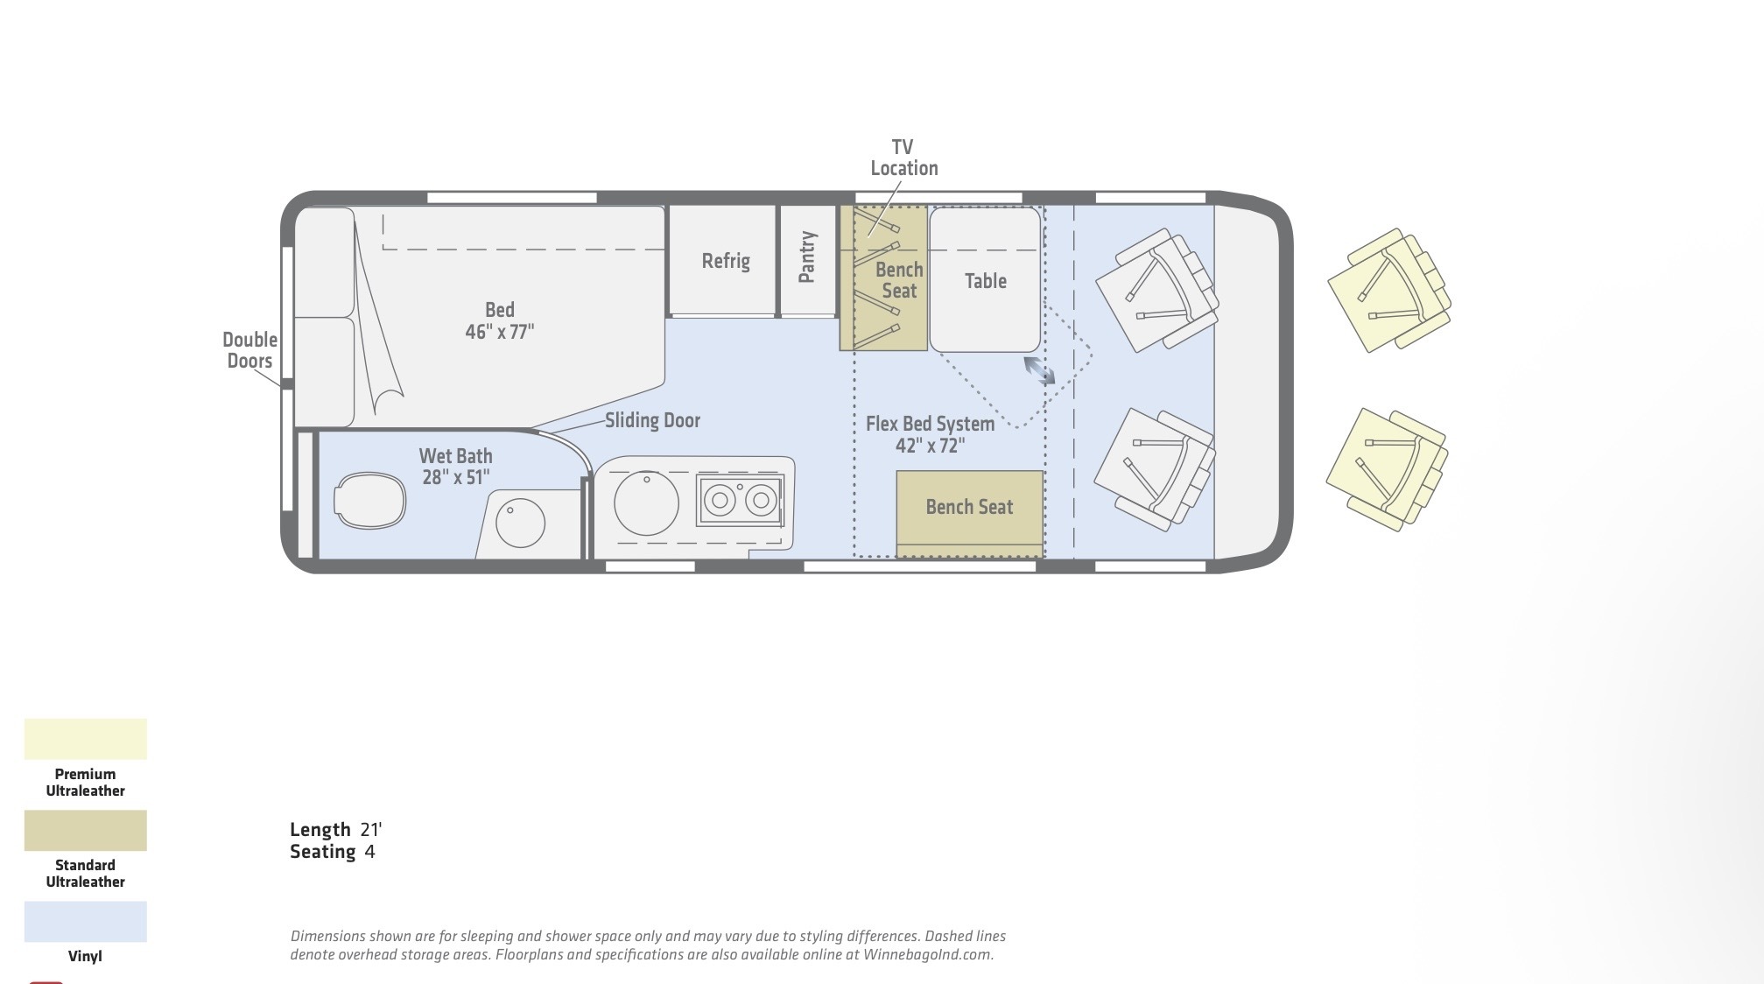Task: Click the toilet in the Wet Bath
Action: [369, 501]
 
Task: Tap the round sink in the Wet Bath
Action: [520, 524]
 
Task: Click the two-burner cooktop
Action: [740, 500]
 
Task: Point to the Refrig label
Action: [726, 261]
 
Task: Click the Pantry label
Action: [807, 257]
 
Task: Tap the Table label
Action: [985, 281]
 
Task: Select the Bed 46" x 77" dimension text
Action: [499, 320]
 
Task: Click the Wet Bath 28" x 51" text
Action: [455, 466]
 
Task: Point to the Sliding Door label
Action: [652, 420]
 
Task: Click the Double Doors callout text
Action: [249, 350]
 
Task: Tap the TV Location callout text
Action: [903, 158]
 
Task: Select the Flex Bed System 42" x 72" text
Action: [930, 434]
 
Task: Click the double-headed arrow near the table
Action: [1039, 370]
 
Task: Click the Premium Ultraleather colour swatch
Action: [86, 739]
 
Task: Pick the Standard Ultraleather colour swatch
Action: [86, 830]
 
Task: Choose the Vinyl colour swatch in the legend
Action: [86, 921]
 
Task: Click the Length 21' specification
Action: [335, 829]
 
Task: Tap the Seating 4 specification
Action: [332, 852]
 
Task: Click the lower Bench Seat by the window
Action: [969, 507]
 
